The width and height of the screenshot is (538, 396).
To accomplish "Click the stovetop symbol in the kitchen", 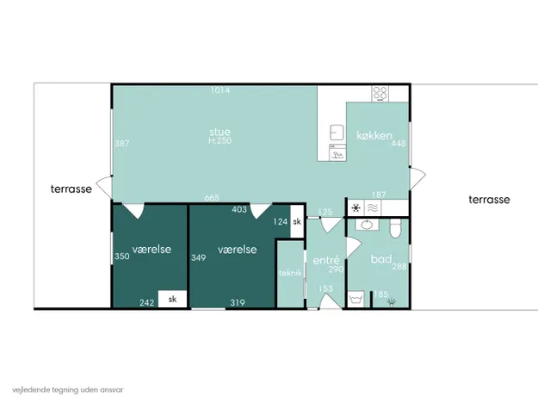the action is pyautogui.click(x=380, y=94).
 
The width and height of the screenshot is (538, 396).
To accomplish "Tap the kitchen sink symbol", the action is pyautogui.click(x=337, y=133).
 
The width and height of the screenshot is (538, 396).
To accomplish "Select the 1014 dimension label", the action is pyautogui.click(x=220, y=90).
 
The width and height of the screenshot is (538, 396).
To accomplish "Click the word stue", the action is pyautogui.click(x=220, y=132).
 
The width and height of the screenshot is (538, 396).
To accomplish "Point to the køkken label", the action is pyautogui.click(x=374, y=135).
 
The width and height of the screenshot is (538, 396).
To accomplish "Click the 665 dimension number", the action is pyautogui.click(x=212, y=198).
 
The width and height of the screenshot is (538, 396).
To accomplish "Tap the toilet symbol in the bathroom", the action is pyautogui.click(x=396, y=228).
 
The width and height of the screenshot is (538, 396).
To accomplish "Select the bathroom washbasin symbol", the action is pyautogui.click(x=367, y=225).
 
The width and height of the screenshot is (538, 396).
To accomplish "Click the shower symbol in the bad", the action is pyautogui.click(x=392, y=302).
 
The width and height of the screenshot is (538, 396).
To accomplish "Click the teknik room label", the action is pyautogui.click(x=290, y=273).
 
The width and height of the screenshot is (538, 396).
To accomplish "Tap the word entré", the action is pyautogui.click(x=326, y=261).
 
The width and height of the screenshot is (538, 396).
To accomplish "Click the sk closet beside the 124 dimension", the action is pyautogui.click(x=297, y=221).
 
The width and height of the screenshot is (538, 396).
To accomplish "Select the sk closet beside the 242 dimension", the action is pyautogui.click(x=172, y=300).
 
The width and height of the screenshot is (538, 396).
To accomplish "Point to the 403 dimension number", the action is pyautogui.click(x=239, y=209).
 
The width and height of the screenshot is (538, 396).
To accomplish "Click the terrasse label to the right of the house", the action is pyautogui.click(x=489, y=200).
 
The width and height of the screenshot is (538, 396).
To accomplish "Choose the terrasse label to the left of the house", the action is pyautogui.click(x=71, y=189).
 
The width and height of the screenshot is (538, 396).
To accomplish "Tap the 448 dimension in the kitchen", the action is pyautogui.click(x=399, y=144).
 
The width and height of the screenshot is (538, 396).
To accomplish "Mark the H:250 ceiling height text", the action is pyautogui.click(x=220, y=140).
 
